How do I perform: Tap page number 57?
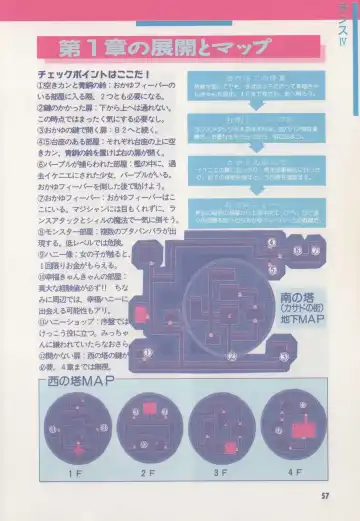(324, 492)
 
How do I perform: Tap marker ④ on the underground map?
(271, 242)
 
